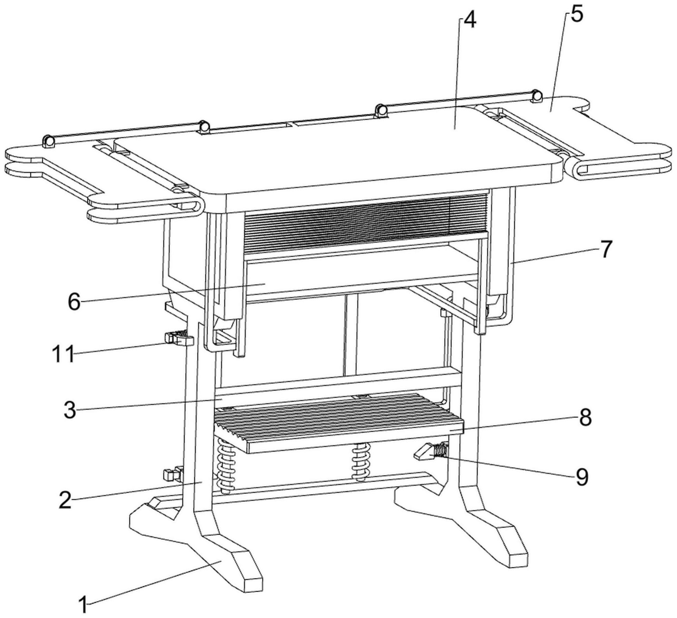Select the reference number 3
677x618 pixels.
pos(70,409)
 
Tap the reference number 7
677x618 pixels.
pos(606,249)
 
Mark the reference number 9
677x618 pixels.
pos(582,477)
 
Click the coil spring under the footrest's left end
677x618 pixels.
pos(226,466)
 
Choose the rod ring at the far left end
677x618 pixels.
pos(48,141)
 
